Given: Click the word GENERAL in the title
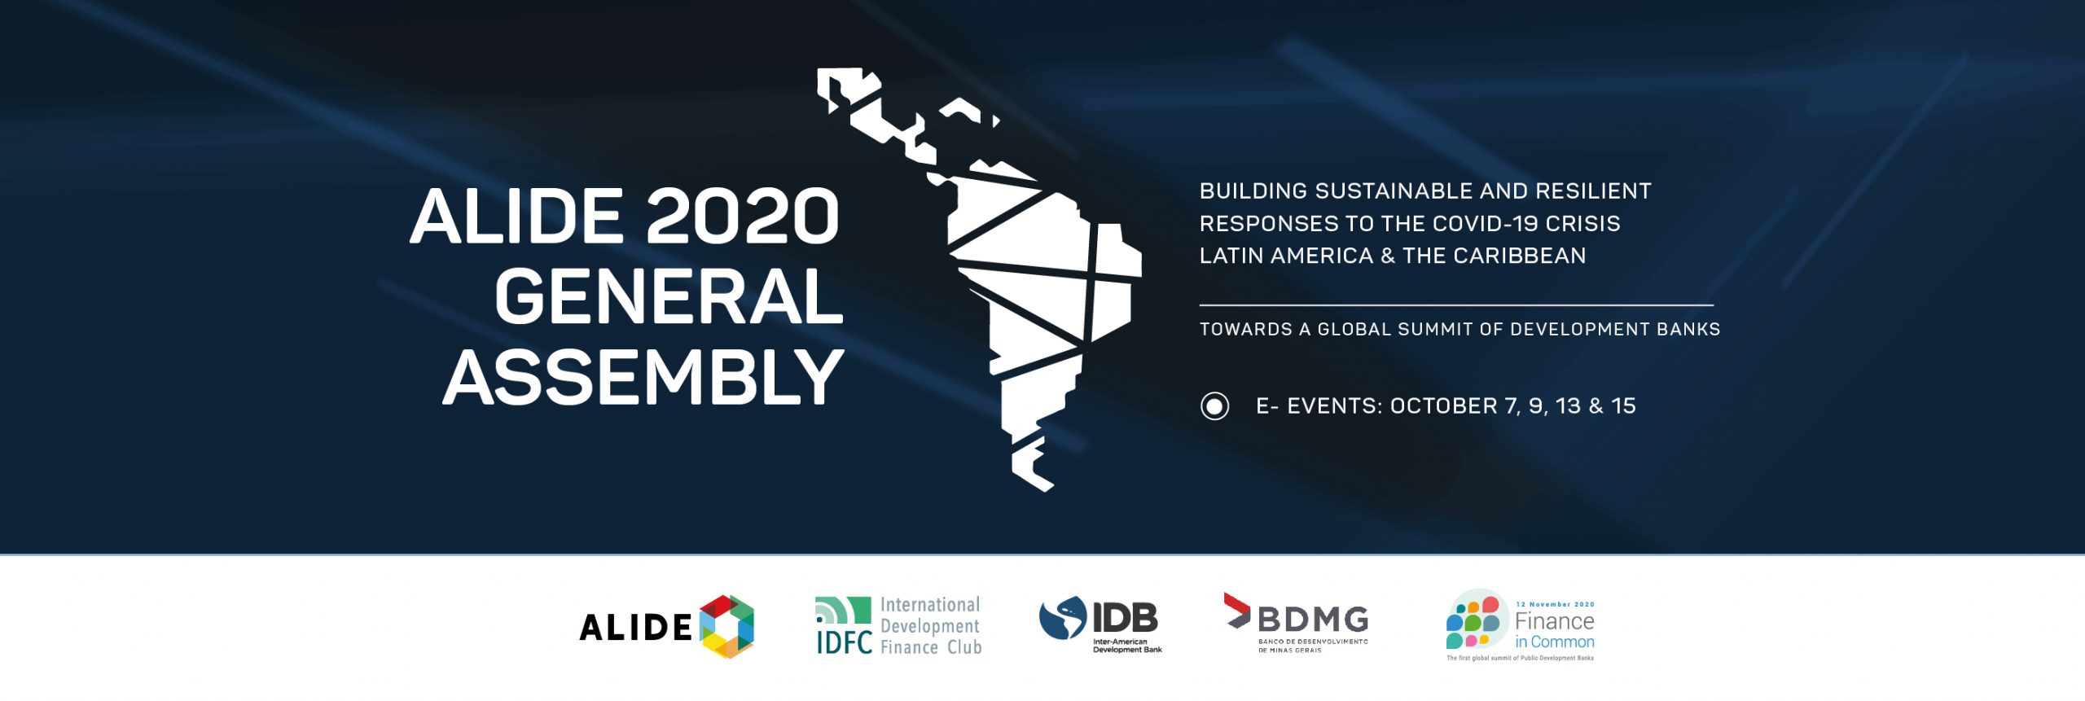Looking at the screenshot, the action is [669, 297].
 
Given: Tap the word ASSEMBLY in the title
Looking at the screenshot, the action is [643, 377].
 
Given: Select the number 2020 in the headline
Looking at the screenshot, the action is [742, 217].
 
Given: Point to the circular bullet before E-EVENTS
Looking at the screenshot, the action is [1214, 406].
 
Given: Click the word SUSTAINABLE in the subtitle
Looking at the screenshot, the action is [1394, 191].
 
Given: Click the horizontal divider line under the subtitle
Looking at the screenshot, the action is [1456, 305].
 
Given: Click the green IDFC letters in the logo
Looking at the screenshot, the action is [844, 642].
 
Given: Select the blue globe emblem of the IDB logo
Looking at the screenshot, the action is [1063, 619].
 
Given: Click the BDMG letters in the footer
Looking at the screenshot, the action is [1313, 620].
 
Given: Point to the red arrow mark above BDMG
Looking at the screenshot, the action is [1236, 611].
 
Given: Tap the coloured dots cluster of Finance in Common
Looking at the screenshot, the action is [1473, 623].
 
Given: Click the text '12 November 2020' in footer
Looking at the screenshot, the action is [1555, 604].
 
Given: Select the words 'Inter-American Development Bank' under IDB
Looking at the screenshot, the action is [1127, 646].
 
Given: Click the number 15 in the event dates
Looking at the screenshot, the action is [1623, 405].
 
